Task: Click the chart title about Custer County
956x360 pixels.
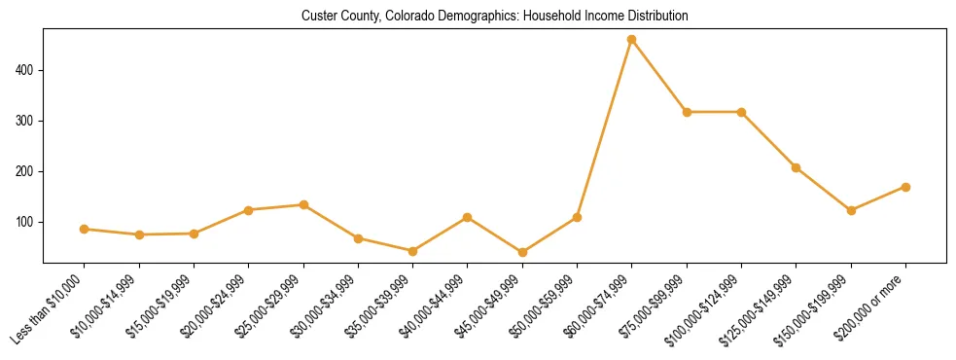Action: tap(495, 16)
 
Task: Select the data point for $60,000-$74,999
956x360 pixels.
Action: tap(632, 40)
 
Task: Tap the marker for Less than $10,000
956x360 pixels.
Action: tap(85, 230)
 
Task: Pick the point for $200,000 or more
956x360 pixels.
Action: tap(905, 187)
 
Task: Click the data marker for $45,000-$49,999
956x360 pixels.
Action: tap(522, 252)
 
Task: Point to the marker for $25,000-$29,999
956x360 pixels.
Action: tap(303, 205)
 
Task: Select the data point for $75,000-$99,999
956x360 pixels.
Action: tap(687, 112)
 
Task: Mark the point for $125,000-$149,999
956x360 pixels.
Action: tap(797, 167)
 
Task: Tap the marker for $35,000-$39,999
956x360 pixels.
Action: tap(413, 251)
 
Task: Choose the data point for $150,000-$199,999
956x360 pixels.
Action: tap(851, 210)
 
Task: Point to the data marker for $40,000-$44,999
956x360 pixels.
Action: tap(468, 218)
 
